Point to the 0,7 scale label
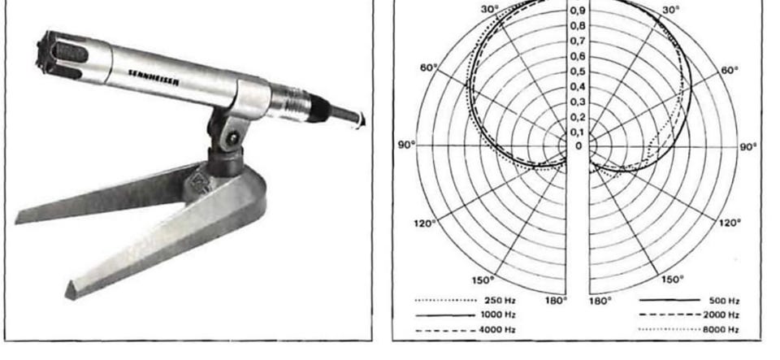click(578, 41)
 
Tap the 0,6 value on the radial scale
click(578, 56)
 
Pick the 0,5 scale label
click(578, 72)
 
